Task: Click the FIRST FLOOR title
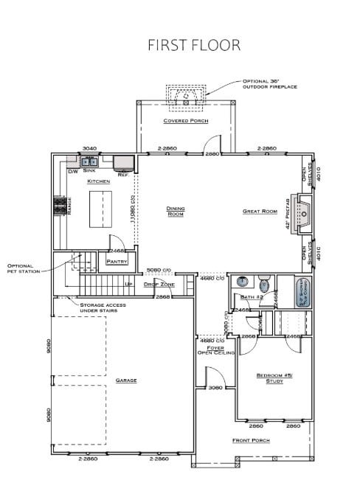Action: [x=194, y=45]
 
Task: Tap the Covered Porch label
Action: [x=185, y=121]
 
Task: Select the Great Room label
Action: [x=259, y=212]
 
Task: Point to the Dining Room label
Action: [x=175, y=211]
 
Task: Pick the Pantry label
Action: [x=117, y=261]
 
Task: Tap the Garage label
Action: [x=126, y=380]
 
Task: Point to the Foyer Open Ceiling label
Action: [x=215, y=350]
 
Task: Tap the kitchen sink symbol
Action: [x=89, y=161]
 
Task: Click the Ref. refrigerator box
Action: [x=122, y=164]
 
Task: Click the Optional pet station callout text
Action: [x=21, y=268]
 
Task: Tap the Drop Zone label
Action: [x=159, y=284]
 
